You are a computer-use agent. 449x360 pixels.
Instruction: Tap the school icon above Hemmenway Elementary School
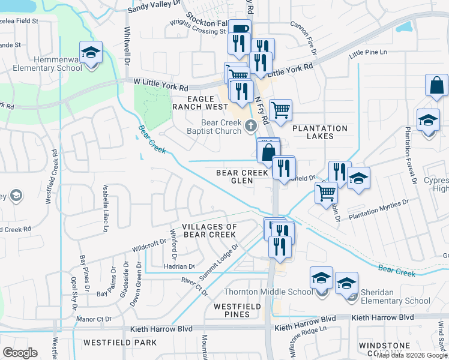pos(91,53)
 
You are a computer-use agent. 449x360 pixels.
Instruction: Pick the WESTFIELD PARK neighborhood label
pos(120,343)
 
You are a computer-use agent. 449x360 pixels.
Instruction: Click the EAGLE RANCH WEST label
pos(200,102)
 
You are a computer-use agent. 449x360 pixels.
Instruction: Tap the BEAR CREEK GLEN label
pos(242,176)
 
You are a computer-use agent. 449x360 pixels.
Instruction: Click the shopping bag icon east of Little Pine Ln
pos(436,86)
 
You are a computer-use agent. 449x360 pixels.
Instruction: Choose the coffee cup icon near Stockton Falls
pos(240,29)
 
